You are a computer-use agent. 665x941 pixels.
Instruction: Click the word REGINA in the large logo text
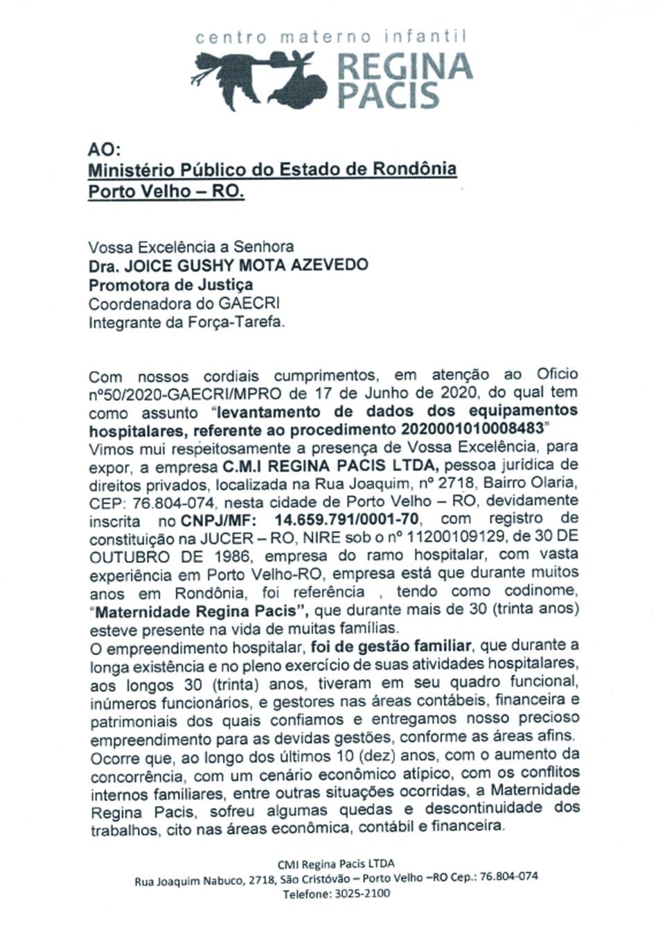click(x=404, y=66)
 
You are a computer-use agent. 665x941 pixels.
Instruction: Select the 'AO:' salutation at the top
click(x=105, y=149)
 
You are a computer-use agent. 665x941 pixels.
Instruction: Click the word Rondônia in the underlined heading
click(x=415, y=169)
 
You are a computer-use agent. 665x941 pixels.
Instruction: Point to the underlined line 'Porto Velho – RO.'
click(x=166, y=191)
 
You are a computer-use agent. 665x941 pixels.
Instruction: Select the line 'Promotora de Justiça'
click(x=170, y=285)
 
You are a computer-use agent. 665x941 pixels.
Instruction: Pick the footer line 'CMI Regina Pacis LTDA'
click(x=336, y=864)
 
